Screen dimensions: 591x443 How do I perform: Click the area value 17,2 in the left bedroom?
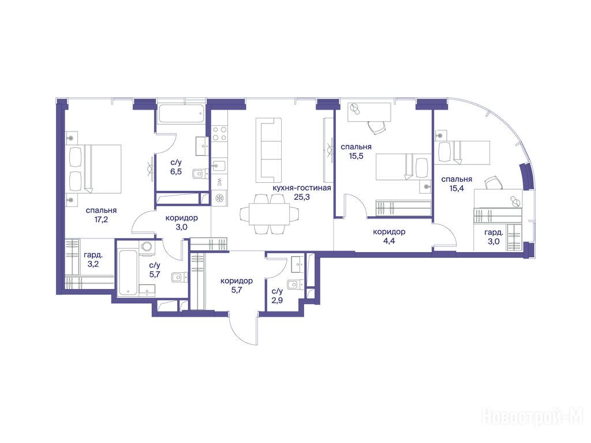point(102,220)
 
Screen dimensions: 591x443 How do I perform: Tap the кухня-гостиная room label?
point(302,187)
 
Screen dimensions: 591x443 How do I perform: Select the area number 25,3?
point(302,197)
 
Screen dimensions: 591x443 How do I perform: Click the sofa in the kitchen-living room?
point(269,150)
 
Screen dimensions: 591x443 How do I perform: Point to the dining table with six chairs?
point(267,214)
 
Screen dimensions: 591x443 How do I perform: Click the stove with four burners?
point(220,133)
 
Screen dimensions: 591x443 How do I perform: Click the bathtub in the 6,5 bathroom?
point(181,113)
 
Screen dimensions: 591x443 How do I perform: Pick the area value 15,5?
point(356,156)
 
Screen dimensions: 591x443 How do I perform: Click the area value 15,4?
point(457,188)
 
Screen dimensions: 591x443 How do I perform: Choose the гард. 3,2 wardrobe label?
point(93,259)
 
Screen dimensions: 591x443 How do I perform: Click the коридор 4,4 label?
point(389,236)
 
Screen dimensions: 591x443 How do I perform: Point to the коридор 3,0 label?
point(182,223)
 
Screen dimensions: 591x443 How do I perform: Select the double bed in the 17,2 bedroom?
point(95,169)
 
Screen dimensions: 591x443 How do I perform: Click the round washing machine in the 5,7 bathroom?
point(146,247)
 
